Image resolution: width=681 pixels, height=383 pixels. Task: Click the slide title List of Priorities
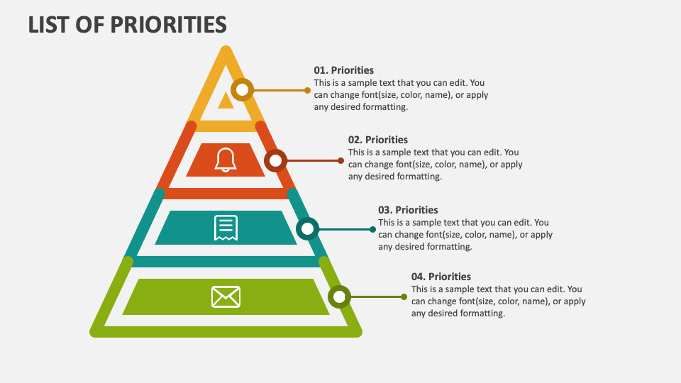pos(127,25)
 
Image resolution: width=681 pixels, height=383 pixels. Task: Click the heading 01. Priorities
pos(343,70)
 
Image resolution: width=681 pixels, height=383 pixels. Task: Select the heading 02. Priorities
pos(378,140)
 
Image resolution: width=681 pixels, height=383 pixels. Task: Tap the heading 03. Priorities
pos(408,210)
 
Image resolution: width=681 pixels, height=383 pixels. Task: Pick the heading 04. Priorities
pos(441,277)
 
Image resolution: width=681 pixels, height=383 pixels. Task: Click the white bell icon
pos(226,160)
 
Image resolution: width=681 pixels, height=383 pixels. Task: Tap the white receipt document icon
pos(226,228)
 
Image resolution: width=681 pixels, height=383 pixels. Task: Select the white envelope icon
pos(226,297)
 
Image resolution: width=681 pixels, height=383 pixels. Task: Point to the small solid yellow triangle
pos(226,101)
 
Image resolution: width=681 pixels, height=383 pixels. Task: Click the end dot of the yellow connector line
pos(307,90)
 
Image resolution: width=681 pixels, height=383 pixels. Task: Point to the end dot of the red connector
pos(341,161)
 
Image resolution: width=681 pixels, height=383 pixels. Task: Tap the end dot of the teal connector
pos(372,229)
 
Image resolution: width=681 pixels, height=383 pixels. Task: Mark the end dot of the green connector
pos(404,297)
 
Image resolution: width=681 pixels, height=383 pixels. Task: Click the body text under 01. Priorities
pos(401,94)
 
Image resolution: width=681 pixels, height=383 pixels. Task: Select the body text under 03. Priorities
pos(465,235)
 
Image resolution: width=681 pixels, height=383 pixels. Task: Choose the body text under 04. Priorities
pos(498,301)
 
